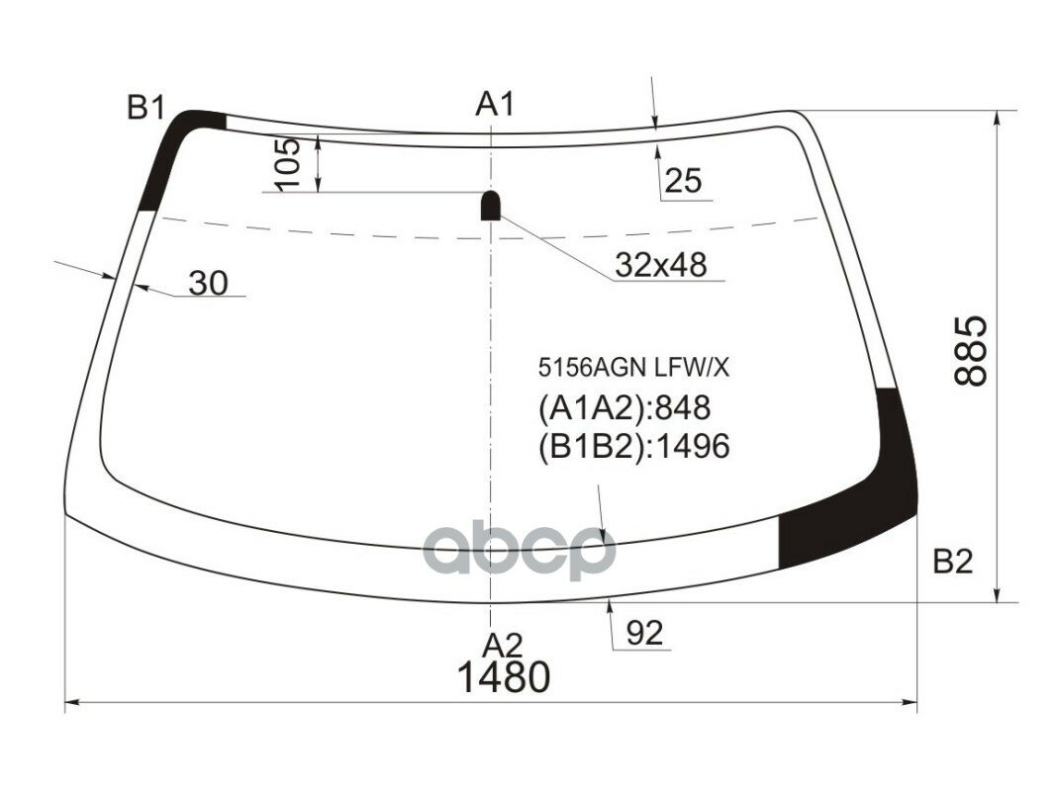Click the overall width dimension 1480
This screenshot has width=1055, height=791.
[503, 678]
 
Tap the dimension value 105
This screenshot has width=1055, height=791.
[286, 164]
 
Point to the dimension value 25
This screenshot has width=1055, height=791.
[683, 181]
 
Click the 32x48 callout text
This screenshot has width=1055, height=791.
[660, 264]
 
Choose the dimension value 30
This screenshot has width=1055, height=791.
[208, 283]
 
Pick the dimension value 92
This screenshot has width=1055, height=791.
[644, 633]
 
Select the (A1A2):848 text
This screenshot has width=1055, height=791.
[624, 407]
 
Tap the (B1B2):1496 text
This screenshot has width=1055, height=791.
[633, 447]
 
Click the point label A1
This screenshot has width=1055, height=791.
[495, 104]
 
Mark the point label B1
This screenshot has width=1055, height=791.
[145, 108]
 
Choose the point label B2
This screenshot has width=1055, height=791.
[952, 562]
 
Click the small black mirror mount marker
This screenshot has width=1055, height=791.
[491, 205]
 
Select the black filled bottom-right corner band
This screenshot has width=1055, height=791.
[861, 504]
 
